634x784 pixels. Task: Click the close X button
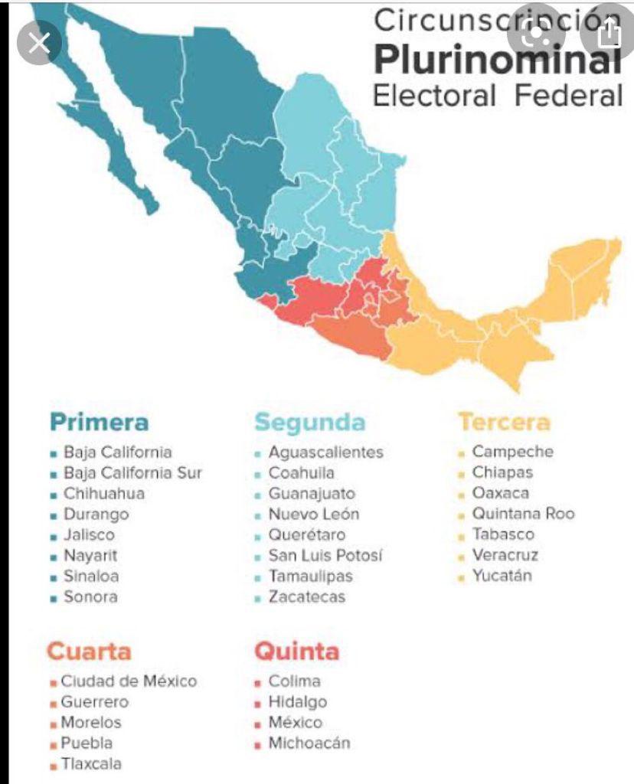click(x=38, y=43)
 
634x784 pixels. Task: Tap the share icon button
click(x=609, y=34)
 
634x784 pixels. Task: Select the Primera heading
click(x=99, y=422)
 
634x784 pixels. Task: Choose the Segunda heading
click(x=310, y=422)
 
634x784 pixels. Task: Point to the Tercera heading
click(x=504, y=422)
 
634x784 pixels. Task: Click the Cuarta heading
click(x=89, y=652)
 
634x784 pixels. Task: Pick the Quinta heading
click(x=296, y=652)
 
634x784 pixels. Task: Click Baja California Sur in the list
click(x=132, y=473)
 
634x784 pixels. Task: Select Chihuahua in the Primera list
click(x=103, y=494)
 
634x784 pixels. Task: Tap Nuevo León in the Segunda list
click(x=313, y=514)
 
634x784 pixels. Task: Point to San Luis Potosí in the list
click(x=325, y=556)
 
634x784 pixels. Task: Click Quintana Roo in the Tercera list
click(x=523, y=514)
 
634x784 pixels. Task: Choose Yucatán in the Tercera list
click(x=502, y=576)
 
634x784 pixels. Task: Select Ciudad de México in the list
click(x=129, y=681)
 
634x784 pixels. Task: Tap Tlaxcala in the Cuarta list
click(x=92, y=764)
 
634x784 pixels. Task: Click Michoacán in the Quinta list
click(x=309, y=743)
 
